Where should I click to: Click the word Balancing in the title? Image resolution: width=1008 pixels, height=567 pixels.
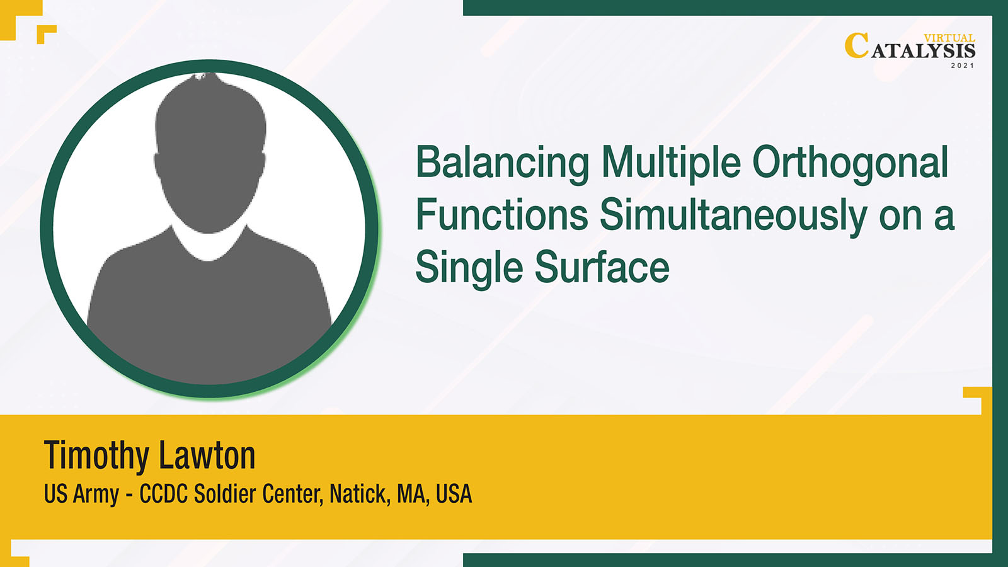click(x=502, y=164)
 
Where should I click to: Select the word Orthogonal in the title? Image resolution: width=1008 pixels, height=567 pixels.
click(x=850, y=164)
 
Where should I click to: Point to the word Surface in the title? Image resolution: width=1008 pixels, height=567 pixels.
click(x=602, y=266)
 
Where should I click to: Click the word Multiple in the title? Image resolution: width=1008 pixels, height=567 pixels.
click(x=671, y=164)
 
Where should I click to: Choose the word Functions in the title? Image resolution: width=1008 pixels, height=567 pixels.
click(x=501, y=214)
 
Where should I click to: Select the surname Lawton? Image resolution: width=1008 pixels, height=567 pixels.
click(x=207, y=455)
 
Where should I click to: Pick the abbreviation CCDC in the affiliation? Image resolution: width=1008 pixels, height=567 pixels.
click(x=163, y=494)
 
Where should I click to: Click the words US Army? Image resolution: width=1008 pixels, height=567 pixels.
click(x=81, y=495)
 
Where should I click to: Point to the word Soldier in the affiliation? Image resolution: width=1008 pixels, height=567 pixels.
click(x=225, y=494)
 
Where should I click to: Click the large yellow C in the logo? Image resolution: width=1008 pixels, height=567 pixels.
click(x=856, y=46)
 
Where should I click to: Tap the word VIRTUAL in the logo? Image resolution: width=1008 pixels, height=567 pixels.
click(x=949, y=38)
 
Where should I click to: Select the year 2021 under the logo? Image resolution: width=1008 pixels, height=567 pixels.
click(x=963, y=66)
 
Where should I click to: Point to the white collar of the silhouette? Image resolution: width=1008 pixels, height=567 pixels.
click(x=209, y=245)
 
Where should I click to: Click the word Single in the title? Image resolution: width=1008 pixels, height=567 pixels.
click(x=469, y=267)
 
